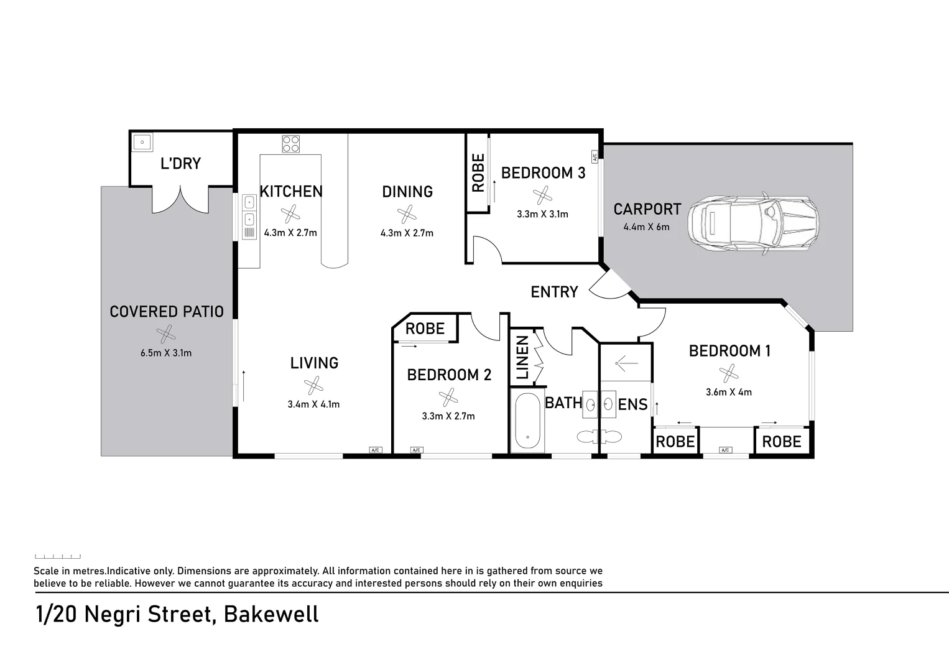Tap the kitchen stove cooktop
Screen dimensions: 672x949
click(x=290, y=144)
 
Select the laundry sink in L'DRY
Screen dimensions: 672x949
click(x=142, y=142)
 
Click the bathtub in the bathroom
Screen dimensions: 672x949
click(x=527, y=421)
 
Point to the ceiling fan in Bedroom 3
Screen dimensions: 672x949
click(x=542, y=195)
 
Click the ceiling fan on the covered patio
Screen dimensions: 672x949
click(x=166, y=334)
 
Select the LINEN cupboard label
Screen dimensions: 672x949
click(x=522, y=358)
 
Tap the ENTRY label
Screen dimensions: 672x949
click(x=554, y=292)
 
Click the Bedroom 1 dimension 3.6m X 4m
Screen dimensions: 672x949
click(x=728, y=392)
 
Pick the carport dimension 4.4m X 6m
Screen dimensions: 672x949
click(x=646, y=226)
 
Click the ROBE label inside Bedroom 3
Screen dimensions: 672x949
click(x=478, y=173)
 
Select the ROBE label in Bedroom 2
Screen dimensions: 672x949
click(x=425, y=329)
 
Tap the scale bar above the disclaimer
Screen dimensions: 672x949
click(x=57, y=556)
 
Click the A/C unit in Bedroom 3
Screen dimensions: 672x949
click(x=595, y=156)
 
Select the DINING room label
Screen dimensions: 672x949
click(x=407, y=192)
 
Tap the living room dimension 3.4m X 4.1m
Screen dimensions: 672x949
click(x=313, y=404)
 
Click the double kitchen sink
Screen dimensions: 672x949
click(x=249, y=211)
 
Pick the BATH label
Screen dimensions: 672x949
click(x=563, y=403)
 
